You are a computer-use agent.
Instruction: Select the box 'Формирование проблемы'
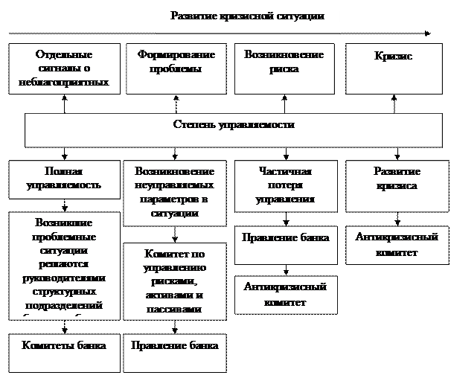(176, 67)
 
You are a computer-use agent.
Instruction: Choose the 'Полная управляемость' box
(63, 178)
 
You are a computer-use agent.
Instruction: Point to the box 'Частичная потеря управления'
(284, 185)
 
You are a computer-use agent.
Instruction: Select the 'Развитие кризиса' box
(395, 178)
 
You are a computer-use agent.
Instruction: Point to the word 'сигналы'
(63, 69)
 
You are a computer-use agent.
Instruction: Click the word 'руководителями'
(64, 278)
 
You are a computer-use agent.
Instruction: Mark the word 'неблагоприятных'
(64, 83)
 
